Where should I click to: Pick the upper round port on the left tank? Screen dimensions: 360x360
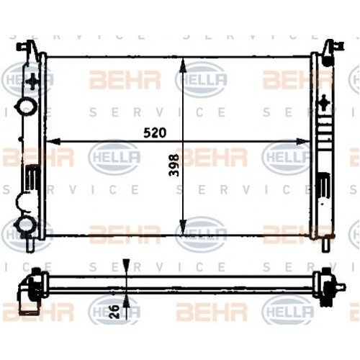tap(28, 106)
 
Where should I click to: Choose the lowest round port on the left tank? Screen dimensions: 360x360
tap(27, 227)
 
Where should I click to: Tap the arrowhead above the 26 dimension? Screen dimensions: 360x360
tap(127, 266)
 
